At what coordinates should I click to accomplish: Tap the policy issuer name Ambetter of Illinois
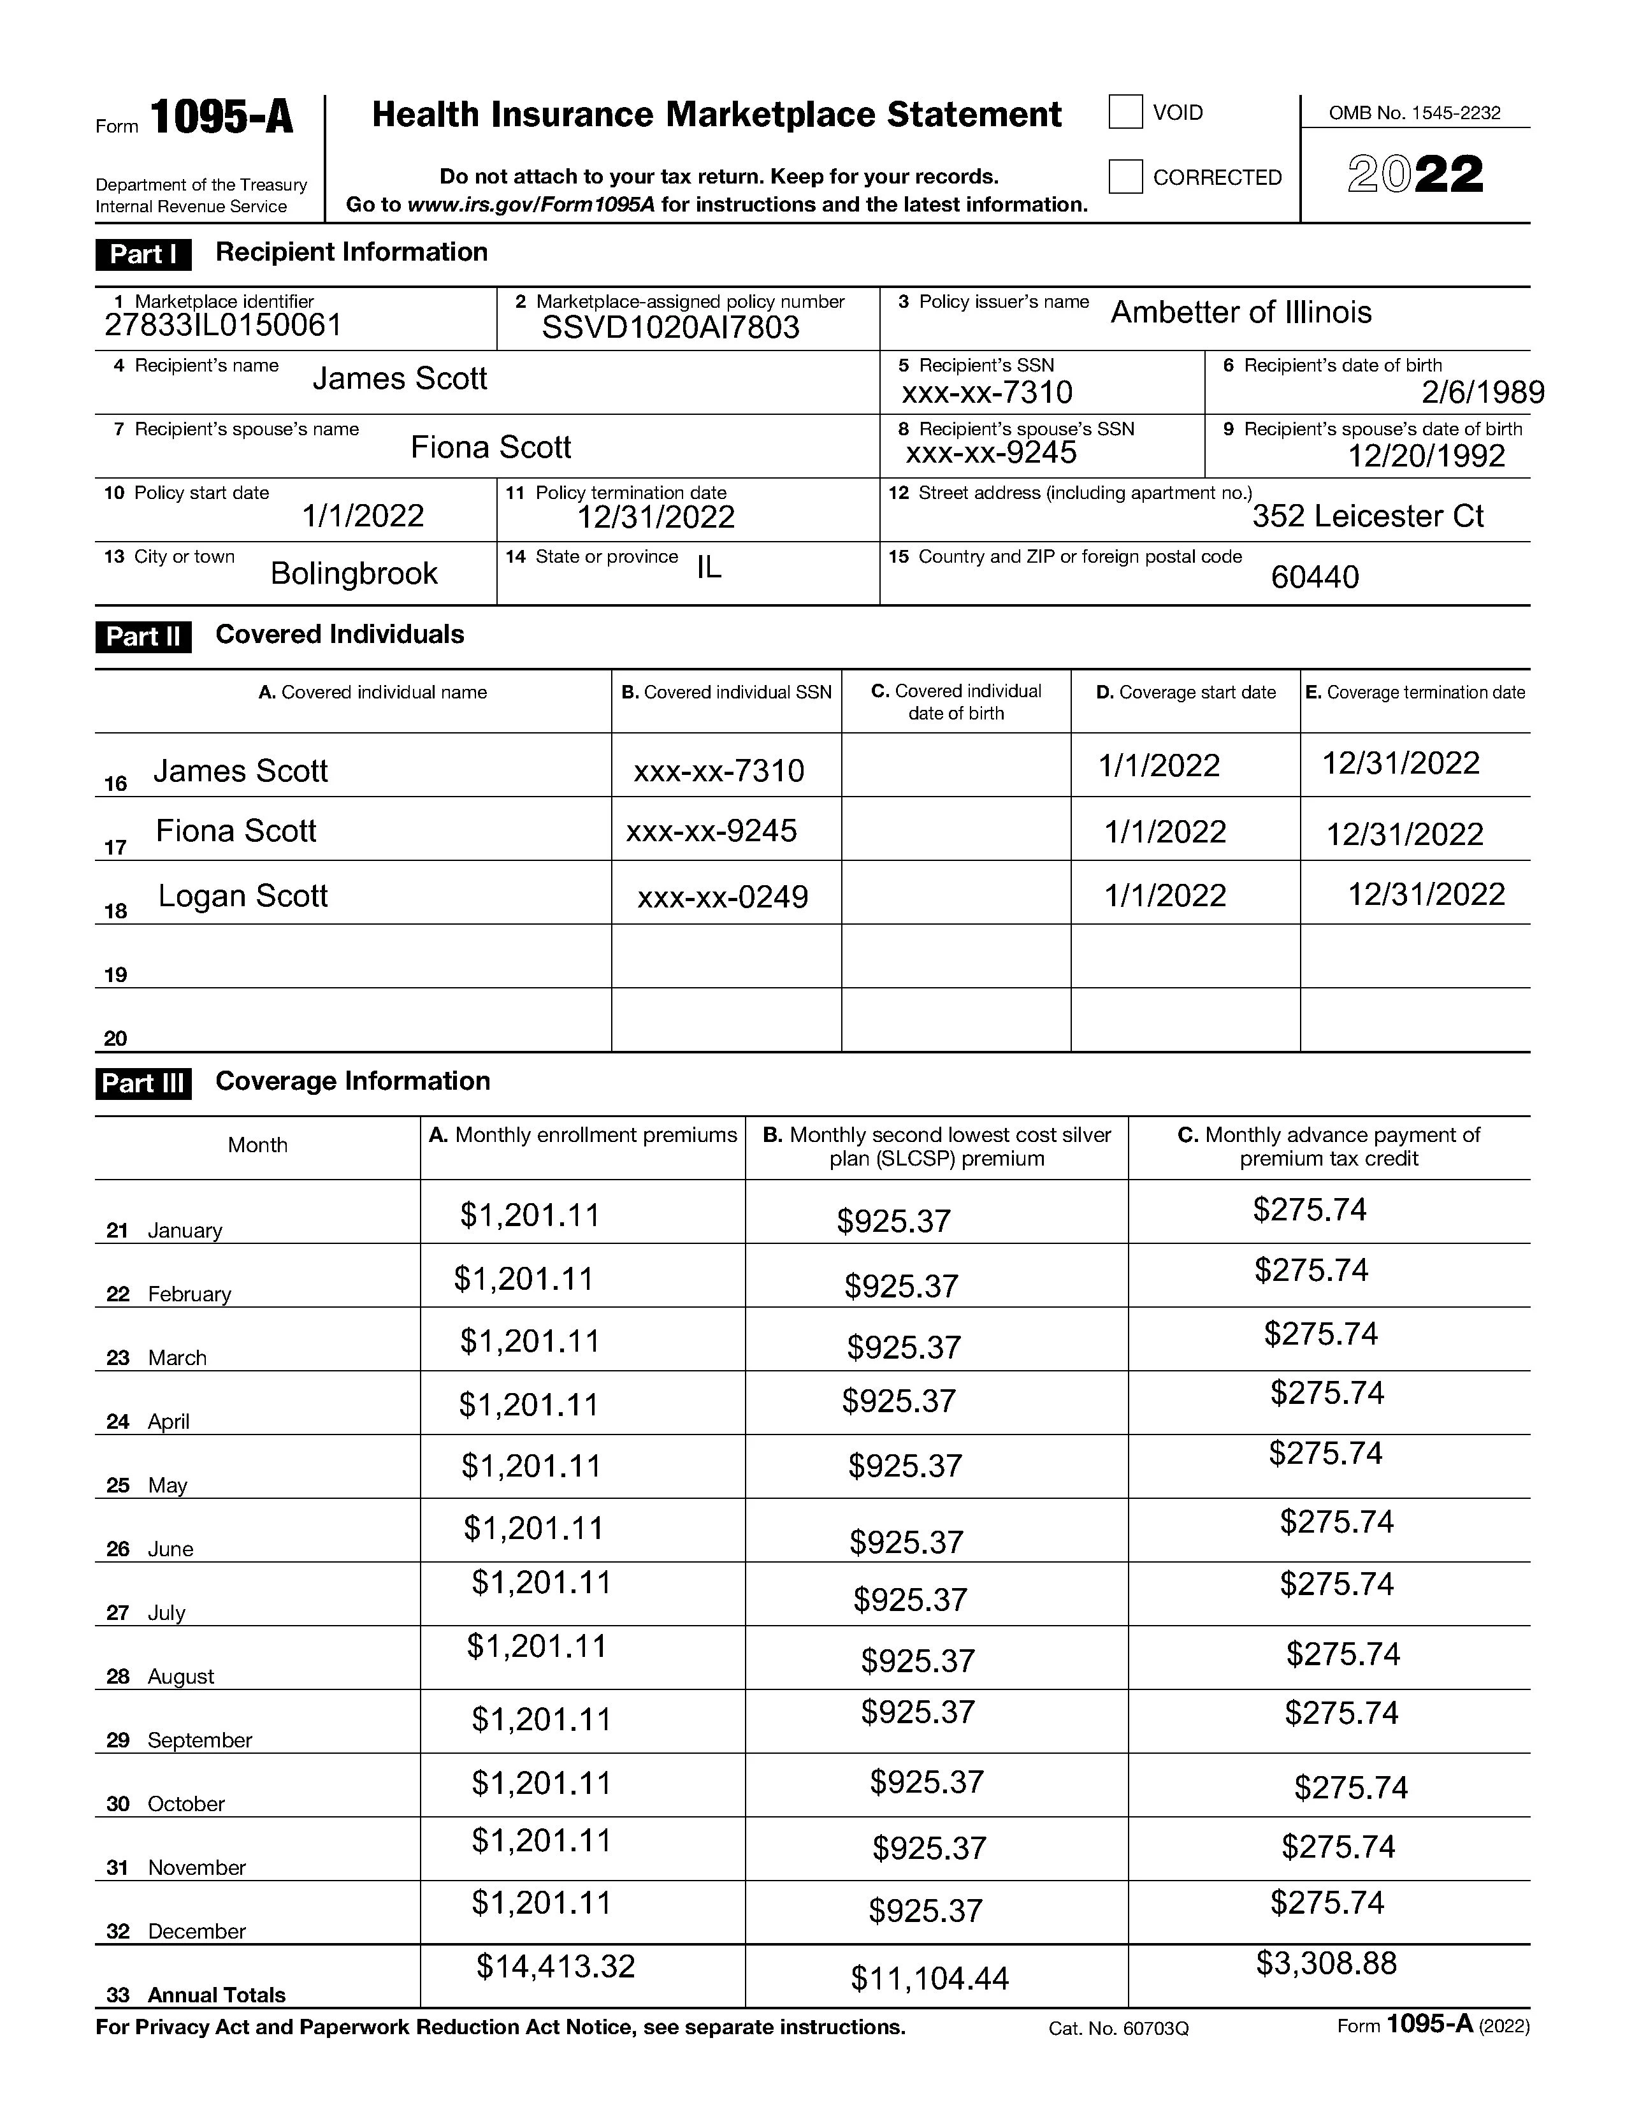click(x=1241, y=313)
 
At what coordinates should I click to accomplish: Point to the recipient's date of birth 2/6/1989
click(x=1482, y=392)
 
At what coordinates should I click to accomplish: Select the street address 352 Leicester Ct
click(x=1367, y=517)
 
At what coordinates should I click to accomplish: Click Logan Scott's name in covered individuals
click(x=243, y=897)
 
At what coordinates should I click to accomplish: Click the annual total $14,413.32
click(x=556, y=1966)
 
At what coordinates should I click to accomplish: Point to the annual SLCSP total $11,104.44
click(x=929, y=1979)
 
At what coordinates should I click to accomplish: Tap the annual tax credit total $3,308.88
click(x=1325, y=1962)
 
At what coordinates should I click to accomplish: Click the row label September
click(x=199, y=1740)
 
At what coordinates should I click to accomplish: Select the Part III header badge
click(x=143, y=1083)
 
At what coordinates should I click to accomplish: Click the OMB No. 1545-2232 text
click(x=1414, y=113)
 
